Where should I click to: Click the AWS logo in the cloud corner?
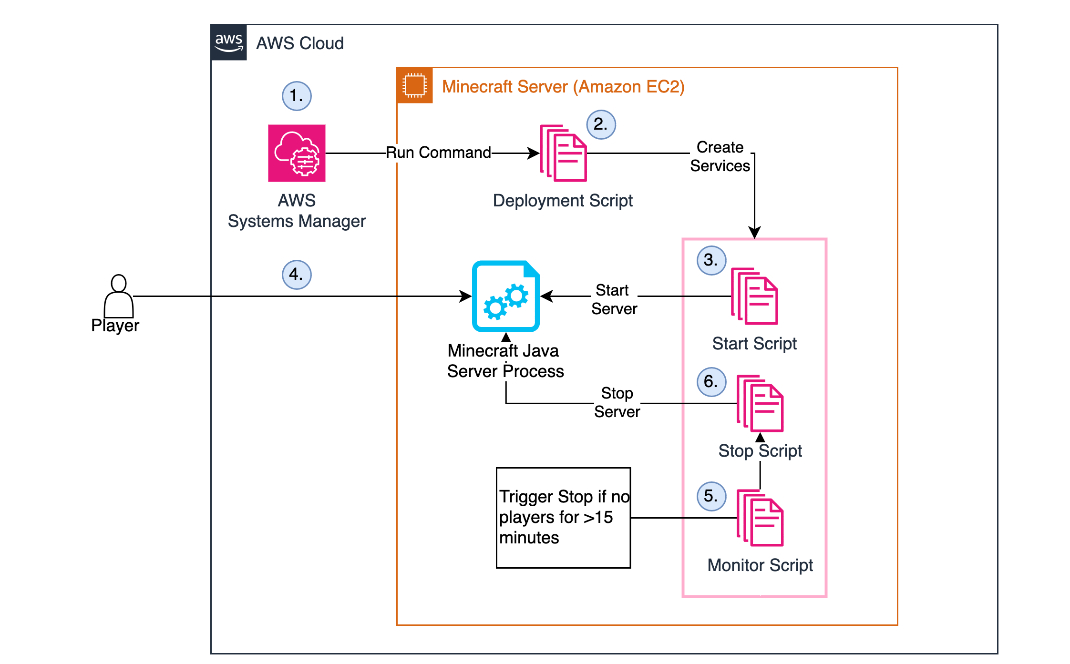pyautogui.click(x=229, y=42)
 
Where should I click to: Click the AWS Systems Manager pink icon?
pyautogui.click(x=297, y=153)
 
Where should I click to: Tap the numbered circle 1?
pyautogui.click(x=297, y=96)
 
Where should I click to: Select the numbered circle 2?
pyautogui.click(x=601, y=124)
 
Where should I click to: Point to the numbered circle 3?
pyautogui.click(x=711, y=260)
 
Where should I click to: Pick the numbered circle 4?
pyautogui.click(x=297, y=275)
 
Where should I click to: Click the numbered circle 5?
pyautogui.click(x=711, y=496)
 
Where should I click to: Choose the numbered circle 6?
pyautogui.click(x=711, y=382)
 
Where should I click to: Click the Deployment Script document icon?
pyautogui.click(x=563, y=153)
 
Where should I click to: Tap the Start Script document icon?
pyautogui.click(x=754, y=296)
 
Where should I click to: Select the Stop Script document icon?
pyautogui.click(x=760, y=403)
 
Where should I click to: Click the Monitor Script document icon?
pyautogui.click(x=760, y=518)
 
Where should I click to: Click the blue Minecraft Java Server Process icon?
pyautogui.click(x=505, y=296)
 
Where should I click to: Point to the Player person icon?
pyautogui.click(x=118, y=296)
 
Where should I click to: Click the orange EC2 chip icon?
pyautogui.click(x=414, y=85)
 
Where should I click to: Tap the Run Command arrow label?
pyautogui.click(x=438, y=153)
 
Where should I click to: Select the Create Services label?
pyautogui.click(x=720, y=156)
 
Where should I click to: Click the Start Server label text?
pyautogui.click(x=614, y=299)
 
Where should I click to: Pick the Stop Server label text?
pyautogui.click(x=617, y=402)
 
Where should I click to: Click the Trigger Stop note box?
pyautogui.click(x=563, y=518)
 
